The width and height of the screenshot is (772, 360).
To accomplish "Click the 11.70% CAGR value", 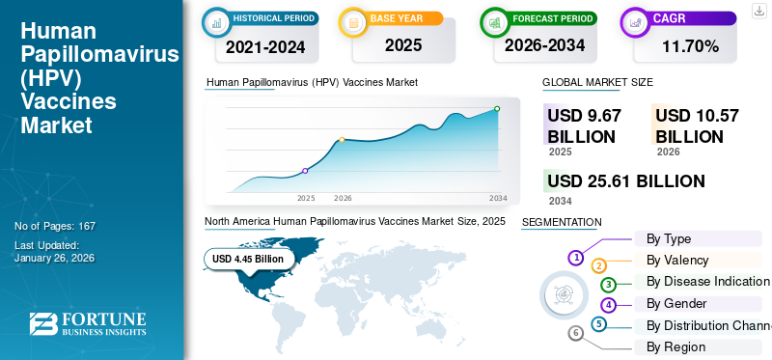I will (x=690, y=45).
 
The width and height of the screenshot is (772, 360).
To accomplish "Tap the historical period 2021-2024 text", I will (x=264, y=45).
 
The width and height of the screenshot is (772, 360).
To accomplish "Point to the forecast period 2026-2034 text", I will (x=544, y=45).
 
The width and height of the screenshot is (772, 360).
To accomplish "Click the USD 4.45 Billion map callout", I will (x=248, y=259).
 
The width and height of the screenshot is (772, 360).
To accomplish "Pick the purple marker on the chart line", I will (x=306, y=171).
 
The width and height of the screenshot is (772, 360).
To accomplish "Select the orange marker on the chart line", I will (x=342, y=140).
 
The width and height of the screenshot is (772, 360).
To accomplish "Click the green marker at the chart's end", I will (x=497, y=109).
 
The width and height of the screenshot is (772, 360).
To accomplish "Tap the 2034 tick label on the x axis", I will (x=498, y=198).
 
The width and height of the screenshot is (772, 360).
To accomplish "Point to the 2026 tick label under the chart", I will (x=343, y=198).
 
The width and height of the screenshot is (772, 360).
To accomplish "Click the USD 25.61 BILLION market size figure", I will (x=626, y=181).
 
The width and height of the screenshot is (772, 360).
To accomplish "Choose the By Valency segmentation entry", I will (x=677, y=261).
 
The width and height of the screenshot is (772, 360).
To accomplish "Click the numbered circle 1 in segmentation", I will (x=576, y=258).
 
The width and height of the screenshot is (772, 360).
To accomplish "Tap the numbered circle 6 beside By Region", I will (x=576, y=334).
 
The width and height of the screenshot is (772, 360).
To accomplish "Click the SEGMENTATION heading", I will (x=561, y=222).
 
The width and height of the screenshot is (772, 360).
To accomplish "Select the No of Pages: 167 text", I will (x=55, y=226).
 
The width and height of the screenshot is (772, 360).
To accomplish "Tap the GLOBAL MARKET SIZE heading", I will (x=597, y=83).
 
